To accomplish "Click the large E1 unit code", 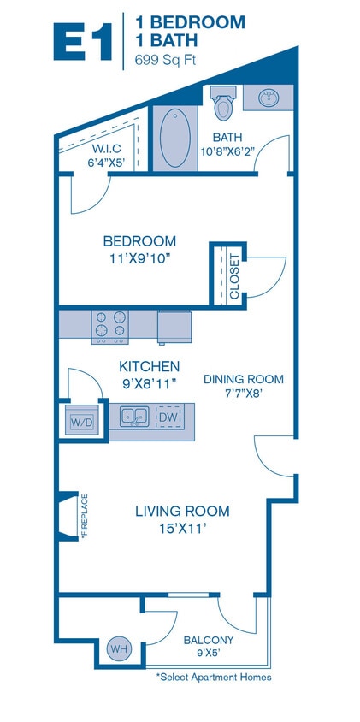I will (x=83, y=40).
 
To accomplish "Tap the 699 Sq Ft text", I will (x=166, y=60).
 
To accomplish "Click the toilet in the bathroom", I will (x=224, y=105).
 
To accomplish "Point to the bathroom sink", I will (x=269, y=98).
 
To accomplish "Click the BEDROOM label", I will (x=139, y=241).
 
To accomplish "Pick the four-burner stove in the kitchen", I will (x=110, y=325).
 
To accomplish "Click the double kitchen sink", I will (x=134, y=417).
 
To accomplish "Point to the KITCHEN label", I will (x=149, y=366).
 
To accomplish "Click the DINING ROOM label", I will (x=243, y=379).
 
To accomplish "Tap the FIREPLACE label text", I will (x=86, y=516).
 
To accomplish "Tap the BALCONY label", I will (x=209, y=640).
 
